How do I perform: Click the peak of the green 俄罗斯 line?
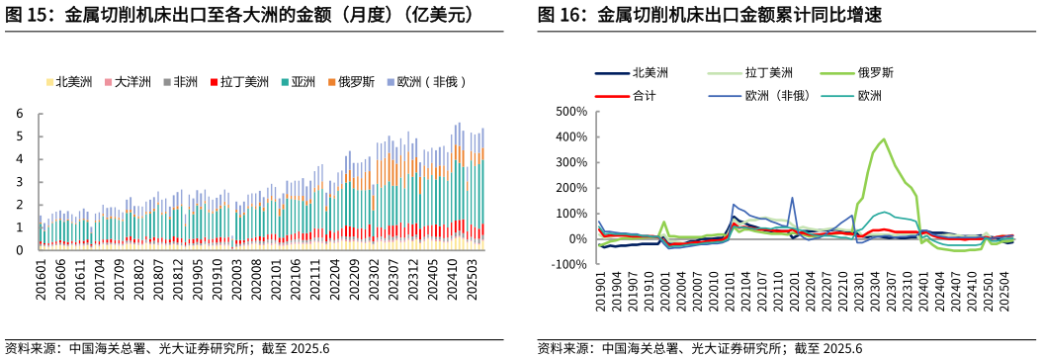coord(883,139)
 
